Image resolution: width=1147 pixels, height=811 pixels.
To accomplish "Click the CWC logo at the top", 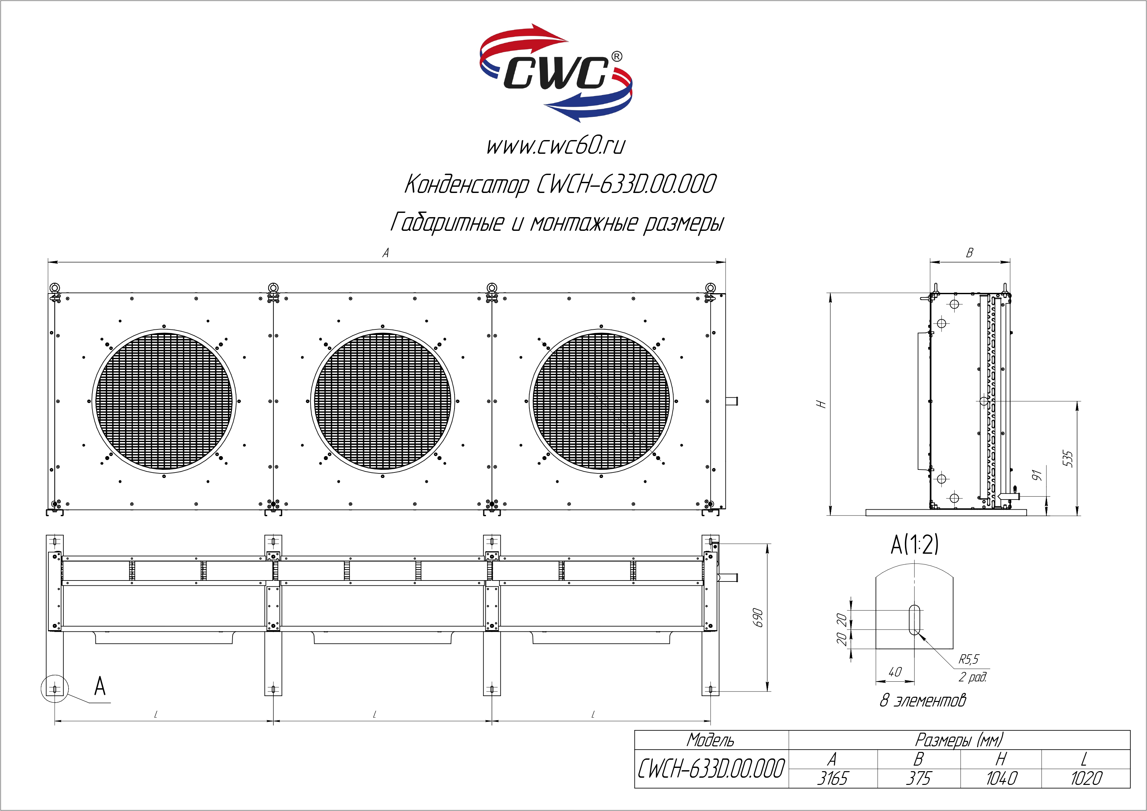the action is pos(556,73).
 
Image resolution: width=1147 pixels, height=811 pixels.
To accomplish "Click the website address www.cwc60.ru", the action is pos(556,146).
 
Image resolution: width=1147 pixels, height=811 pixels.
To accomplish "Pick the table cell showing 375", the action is pos(919,778).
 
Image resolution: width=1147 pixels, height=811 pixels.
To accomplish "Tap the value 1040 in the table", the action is pos(1001,778).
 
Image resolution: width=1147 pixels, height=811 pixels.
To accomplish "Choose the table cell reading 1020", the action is pos(1086,778).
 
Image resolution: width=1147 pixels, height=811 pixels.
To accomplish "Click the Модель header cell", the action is pos(711,739).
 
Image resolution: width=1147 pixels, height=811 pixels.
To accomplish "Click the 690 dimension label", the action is pos(758,618).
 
